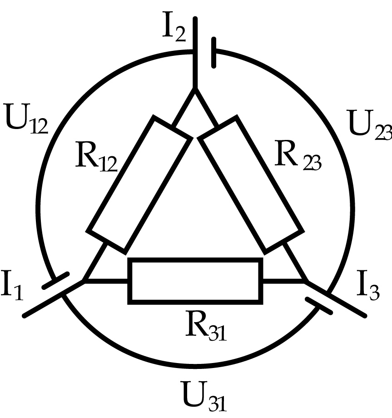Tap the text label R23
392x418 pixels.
point(298,161)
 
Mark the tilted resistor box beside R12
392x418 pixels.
point(139,184)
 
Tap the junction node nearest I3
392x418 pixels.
point(307,281)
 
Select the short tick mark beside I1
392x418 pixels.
point(55,280)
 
